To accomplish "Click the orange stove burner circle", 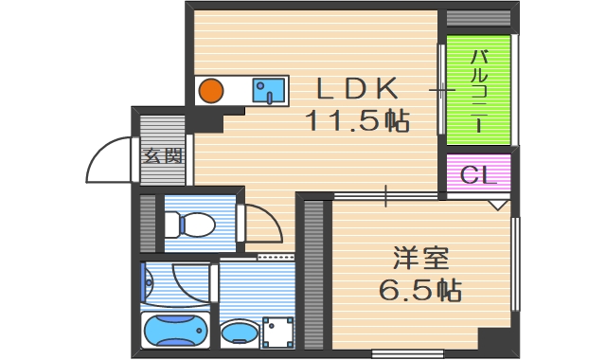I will (211, 91).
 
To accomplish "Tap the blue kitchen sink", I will (269, 91).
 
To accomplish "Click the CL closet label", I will (478, 174).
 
